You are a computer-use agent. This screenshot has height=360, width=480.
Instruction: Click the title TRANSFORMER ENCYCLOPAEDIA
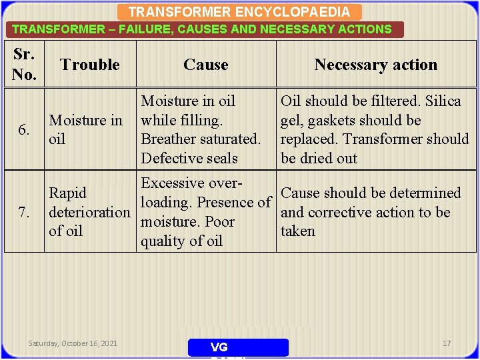[x=239, y=12]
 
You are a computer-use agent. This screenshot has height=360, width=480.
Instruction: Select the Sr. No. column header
[x=24, y=65]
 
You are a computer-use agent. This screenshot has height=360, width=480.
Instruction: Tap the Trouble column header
[x=89, y=65]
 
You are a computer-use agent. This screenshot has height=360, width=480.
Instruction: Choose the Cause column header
[x=205, y=65]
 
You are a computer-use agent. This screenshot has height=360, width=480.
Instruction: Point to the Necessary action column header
[x=375, y=65]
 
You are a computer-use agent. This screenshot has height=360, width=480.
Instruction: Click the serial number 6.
[x=23, y=130]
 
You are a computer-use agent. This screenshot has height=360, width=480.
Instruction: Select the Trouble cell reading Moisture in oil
[x=86, y=130]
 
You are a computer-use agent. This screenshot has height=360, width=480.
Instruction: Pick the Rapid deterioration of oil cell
[x=89, y=212]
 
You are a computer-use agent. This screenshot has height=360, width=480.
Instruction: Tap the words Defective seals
[x=189, y=159]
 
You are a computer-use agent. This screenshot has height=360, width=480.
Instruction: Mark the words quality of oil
[x=181, y=241]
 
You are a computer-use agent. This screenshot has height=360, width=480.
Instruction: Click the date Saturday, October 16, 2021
[x=73, y=343]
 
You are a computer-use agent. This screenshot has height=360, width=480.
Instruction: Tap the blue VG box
[x=238, y=347]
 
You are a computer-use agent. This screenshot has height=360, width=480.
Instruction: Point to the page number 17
[x=447, y=343]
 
